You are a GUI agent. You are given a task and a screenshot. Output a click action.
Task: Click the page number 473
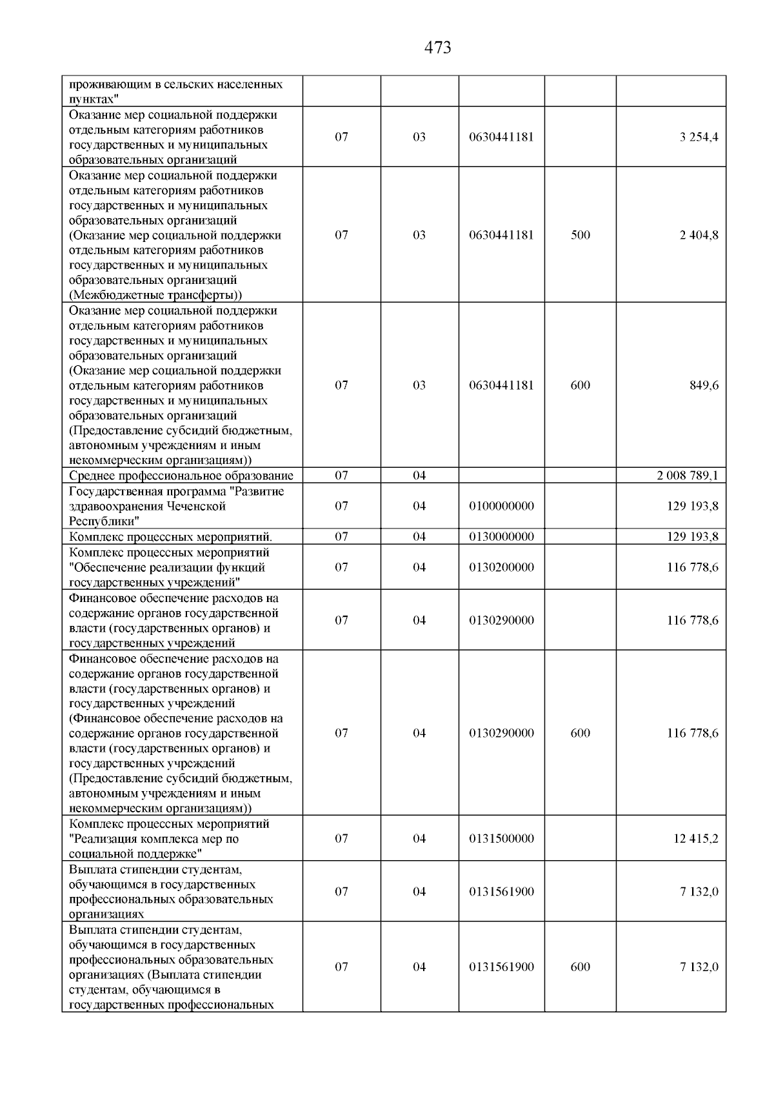(438, 48)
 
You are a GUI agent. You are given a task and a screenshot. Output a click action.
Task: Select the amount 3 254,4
(699, 137)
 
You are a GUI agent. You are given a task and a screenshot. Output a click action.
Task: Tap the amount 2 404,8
(699, 236)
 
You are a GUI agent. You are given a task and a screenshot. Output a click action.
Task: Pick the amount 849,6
(704, 386)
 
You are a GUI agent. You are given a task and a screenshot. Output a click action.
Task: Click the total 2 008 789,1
(688, 476)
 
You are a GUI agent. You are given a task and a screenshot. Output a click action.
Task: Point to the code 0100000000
(501, 507)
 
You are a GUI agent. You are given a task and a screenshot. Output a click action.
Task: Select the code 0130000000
(501, 537)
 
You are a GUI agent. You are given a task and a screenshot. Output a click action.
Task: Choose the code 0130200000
(501, 568)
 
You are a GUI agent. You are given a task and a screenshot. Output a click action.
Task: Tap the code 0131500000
(501, 839)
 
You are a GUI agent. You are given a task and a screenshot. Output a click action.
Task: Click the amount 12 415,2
(696, 839)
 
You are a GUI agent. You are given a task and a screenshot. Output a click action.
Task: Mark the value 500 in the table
(580, 236)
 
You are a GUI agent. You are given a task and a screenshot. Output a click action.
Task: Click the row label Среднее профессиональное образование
(181, 476)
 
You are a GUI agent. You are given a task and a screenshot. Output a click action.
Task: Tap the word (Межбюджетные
(115, 296)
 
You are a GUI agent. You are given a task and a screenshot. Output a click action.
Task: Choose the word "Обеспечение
(109, 568)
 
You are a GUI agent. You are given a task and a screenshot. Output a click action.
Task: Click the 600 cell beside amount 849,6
(580, 386)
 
